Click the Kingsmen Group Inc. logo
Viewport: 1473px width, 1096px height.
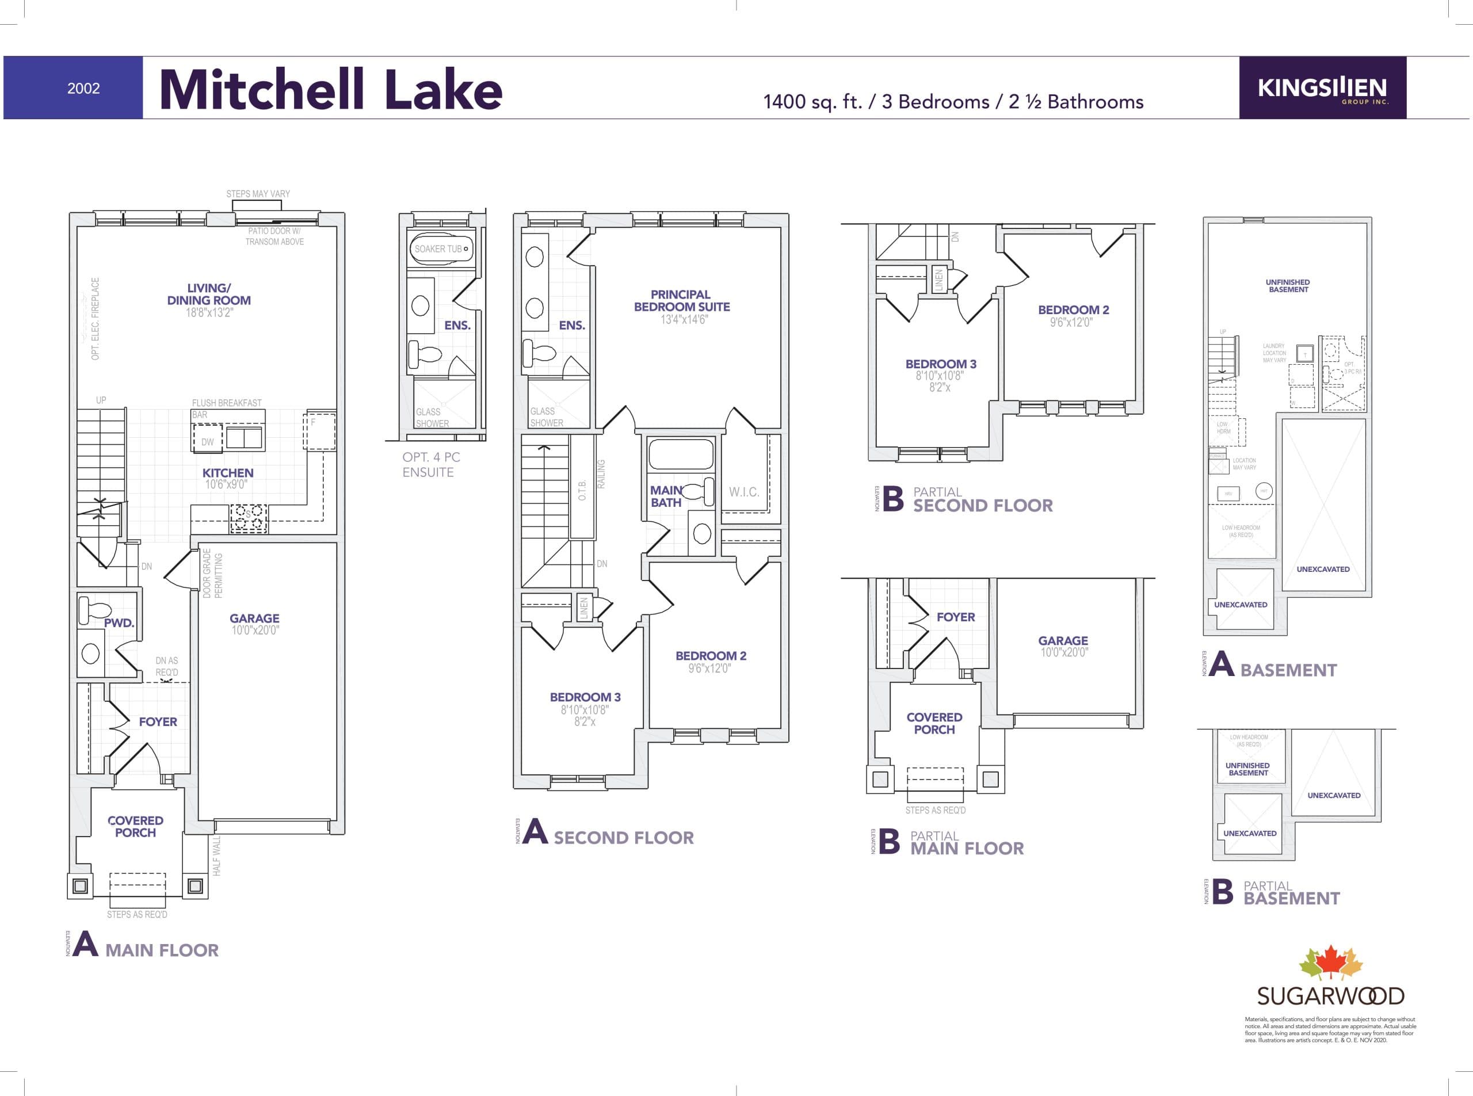[x=1322, y=88]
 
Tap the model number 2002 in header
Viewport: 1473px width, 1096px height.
[x=83, y=88]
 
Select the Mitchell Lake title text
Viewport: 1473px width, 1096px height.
[x=330, y=90]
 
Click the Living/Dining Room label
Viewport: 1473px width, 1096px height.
[x=208, y=294]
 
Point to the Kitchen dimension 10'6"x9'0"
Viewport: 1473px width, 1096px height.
[x=226, y=485]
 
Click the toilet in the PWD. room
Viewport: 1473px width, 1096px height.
[x=89, y=610]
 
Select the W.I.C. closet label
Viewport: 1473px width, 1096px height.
[x=744, y=491]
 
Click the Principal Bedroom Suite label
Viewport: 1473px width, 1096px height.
[x=681, y=300]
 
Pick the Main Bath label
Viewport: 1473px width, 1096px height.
[x=666, y=497]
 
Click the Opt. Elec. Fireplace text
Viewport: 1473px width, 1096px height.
[x=96, y=319]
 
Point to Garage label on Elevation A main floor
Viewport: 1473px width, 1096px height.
[x=254, y=618]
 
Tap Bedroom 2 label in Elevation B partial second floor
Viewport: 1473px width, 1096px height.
[x=1073, y=310]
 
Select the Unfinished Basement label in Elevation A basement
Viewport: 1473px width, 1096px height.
[x=1287, y=286]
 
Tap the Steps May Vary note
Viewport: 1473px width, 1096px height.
[x=258, y=194]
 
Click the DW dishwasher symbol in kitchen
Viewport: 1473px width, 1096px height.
[x=208, y=442]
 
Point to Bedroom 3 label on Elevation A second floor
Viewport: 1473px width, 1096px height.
[x=585, y=697]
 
